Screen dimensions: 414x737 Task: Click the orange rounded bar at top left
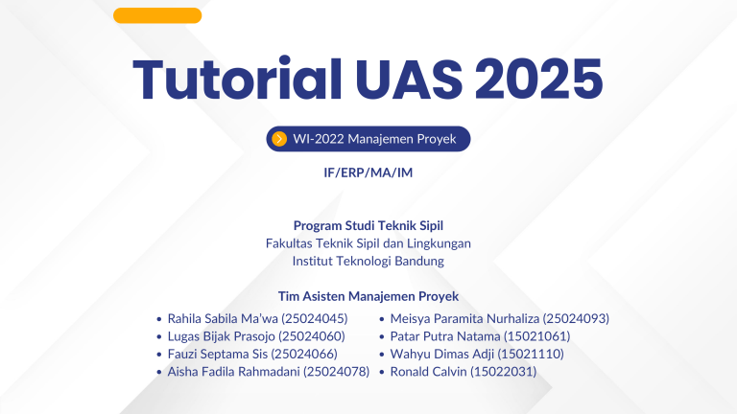pyautogui.click(x=157, y=15)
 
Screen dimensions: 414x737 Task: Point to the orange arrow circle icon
pyautogui.click(x=279, y=139)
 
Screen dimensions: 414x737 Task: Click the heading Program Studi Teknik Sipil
pyautogui.click(x=368, y=225)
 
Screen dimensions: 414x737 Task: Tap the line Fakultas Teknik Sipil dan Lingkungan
pyautogui.click(x=368, y=243)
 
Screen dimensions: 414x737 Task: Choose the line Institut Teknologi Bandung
pyautogui.click(x=368, y=261)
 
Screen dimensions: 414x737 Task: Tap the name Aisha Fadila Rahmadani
pyautogui.click(x=233, y=372)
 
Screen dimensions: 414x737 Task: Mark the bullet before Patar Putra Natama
pyautogui.click(x=382, y=336)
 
